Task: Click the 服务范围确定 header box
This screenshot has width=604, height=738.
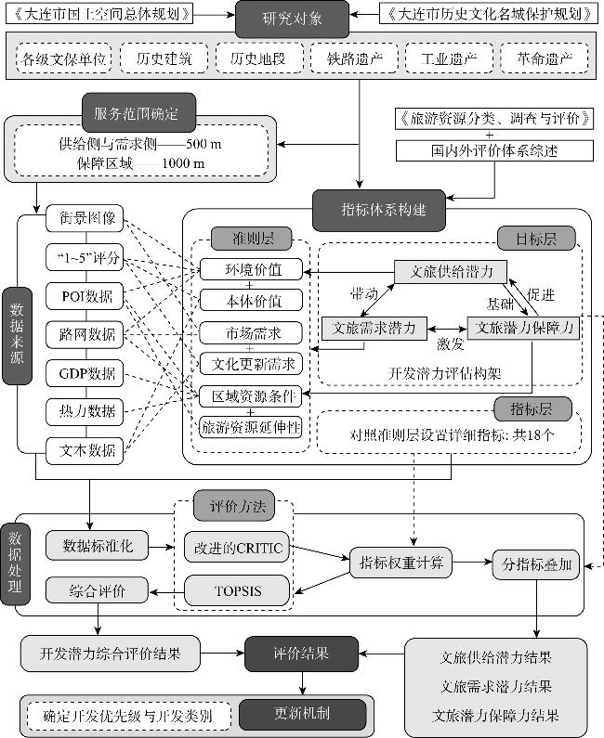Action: tap(141, 113)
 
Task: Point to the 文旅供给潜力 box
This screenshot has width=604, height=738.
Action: tap(451, 271)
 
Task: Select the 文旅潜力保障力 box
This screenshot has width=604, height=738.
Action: tap(523, 328)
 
